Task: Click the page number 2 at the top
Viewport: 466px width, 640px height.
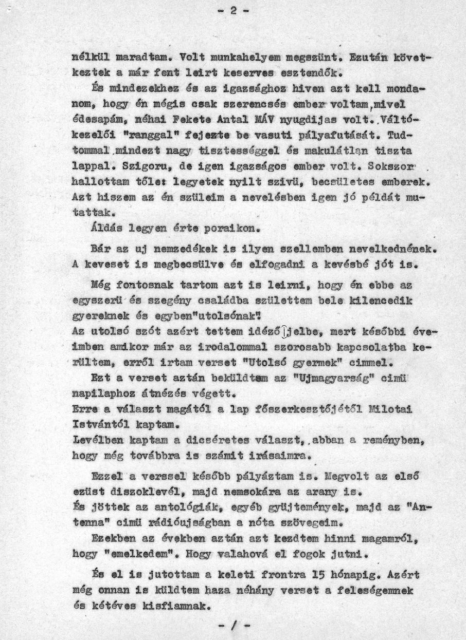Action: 232,11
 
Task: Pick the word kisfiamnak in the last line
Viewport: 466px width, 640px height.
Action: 174,605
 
